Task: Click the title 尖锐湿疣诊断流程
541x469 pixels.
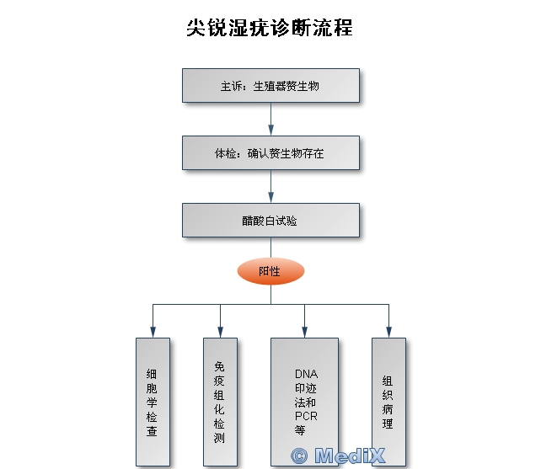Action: [x=270, y=28]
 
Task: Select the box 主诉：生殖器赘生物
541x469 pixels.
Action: [x=270, y=86]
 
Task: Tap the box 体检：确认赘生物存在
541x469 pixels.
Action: [x=270, y=152]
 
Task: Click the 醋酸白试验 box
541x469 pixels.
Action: [x=270, y=220]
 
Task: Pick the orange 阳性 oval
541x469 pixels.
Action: [x=270, y=271]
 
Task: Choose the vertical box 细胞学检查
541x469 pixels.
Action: [x=153, y=402]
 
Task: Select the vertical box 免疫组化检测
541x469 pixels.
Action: [x=220, y=402]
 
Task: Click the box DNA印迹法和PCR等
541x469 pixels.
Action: [x=304, y=402]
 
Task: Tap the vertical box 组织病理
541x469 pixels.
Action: [x=388, y=402]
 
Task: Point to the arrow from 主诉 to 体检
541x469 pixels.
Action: [x=270, y=119]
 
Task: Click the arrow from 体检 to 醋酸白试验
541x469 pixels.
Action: [x=270, y=186]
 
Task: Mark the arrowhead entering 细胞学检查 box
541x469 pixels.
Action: [x=153, y=333]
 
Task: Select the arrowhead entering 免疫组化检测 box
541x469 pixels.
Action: [x=220, y=333]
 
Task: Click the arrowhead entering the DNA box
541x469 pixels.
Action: [x=304, y=333]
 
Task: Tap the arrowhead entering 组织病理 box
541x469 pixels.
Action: [x=388, y=333]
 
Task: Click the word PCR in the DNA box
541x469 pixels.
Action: [x=306, y=416]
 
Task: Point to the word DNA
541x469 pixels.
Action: [x=306, y=374]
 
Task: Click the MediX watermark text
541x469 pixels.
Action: [x=350, y=456]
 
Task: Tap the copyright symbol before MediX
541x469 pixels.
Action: [x=299, y=456]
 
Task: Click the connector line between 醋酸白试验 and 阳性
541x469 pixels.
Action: [x=270, y=248]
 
